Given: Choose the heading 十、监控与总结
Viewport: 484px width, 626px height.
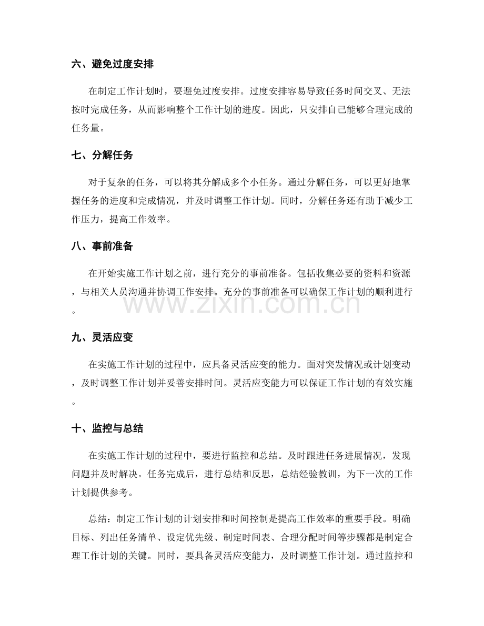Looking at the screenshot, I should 108,429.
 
